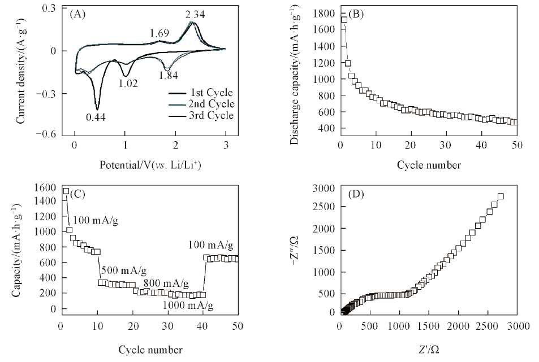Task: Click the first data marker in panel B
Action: (x=344, y=20)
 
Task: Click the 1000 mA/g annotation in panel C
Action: (x=188, y=306)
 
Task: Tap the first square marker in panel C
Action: (x=66, y=191)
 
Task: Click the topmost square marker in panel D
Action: (x=501, y=196)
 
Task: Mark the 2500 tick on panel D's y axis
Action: (x=322, y=207)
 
